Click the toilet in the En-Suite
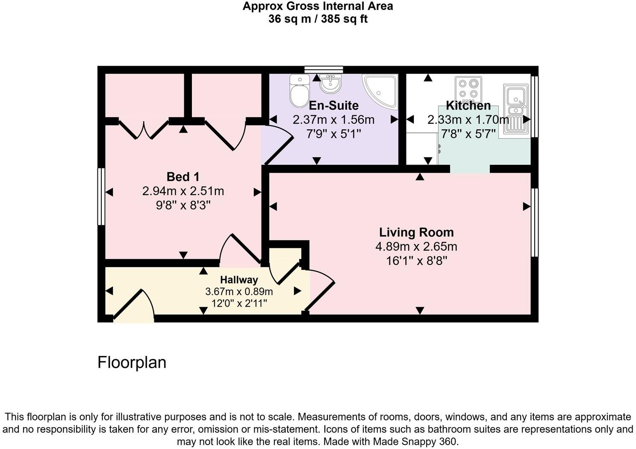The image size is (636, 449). click(x=299, y=91)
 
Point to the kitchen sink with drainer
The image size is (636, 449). click(x=516, y=110)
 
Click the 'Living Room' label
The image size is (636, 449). click(x=416, y=232)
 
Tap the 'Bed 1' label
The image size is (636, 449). click(x=183, y=176)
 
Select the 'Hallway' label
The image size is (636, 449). click(x=239, y=280)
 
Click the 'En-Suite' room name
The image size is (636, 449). click(x=333, y=106)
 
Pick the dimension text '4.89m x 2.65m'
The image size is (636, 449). click(x=416, y=247)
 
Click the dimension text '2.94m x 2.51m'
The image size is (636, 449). click(x=183, y=191)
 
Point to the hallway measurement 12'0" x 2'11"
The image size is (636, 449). click(x=239, y=303)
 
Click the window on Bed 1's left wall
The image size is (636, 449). click(x=101, y=197)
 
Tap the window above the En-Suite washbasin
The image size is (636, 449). click(x=324, y=70)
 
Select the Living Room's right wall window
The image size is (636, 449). click(x=534, y=222)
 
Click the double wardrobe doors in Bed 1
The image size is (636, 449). click(x=144, y=129)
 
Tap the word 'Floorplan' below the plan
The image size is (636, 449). click(x=132, y=362)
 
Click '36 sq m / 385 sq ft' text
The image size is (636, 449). click(x=318, y=19)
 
